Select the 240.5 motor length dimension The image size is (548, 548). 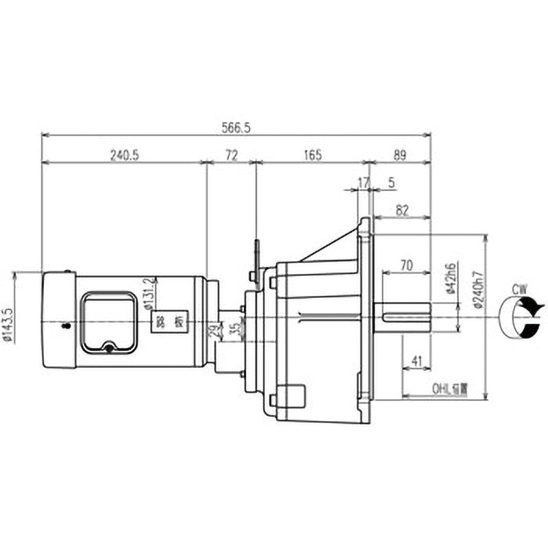click(x=124, y=155)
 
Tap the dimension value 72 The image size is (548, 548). click(x=231, y=155)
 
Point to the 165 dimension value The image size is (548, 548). click(x=311, y=155)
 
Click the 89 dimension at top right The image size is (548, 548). click(x=399, y=155)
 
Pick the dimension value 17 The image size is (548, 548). click(x=364, y=183)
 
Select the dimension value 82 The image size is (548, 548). click(x=402, y=211)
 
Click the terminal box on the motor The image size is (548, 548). click(x=109, y=322)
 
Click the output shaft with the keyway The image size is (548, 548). click(x=404, y=316)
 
